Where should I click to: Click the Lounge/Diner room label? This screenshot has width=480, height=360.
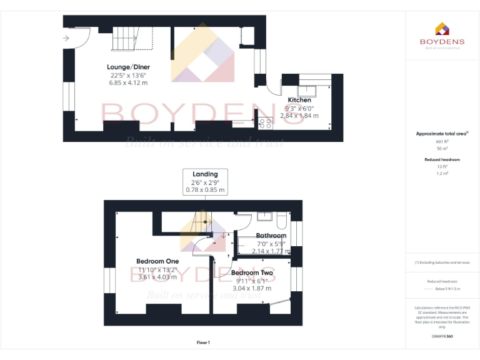point(128,67)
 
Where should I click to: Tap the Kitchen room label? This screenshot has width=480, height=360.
point(299,100)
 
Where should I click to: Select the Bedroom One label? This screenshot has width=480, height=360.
point(157,261)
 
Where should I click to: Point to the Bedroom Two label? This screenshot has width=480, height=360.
point(251,273)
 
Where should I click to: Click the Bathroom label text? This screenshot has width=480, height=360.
point(271,236)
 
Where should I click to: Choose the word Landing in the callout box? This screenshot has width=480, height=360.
point(205,174)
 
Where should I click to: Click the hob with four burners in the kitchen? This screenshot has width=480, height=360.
point(265,122)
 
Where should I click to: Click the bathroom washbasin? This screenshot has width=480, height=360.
point(264,217)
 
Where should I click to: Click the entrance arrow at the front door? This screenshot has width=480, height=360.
point(66,39)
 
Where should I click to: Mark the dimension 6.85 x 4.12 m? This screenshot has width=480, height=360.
point(128,82)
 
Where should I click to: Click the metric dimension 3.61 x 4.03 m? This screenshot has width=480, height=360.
point(157,277)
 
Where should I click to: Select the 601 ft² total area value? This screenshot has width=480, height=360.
point(442,142)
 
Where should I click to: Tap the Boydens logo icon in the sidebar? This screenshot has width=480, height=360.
point(442,29)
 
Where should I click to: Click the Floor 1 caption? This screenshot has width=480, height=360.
point(203,342)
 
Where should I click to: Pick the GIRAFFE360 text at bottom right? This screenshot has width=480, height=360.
point(442,337)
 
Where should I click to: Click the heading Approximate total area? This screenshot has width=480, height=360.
point(441,134)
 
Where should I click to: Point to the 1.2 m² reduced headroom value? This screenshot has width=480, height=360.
point(442,173)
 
